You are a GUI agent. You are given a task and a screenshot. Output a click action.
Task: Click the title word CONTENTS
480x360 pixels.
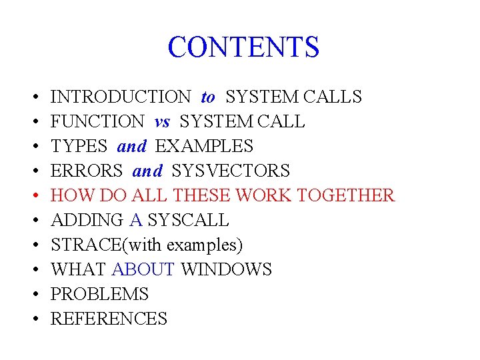click(x=243, y=47)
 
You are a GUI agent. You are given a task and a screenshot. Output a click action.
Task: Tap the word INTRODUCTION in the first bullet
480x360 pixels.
click(x=121, y=97)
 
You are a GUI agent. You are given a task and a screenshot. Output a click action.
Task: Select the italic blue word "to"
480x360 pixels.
click(x=208, y=97)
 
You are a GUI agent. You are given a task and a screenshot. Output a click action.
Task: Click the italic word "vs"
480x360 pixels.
click(x=162, y=122)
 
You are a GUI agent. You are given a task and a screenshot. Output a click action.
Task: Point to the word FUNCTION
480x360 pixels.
click(x=97, y=122)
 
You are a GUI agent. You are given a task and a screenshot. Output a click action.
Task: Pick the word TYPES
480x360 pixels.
click(x=79, y=147)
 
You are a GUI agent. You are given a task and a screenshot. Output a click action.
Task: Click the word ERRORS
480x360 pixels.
click(x=87, y=171)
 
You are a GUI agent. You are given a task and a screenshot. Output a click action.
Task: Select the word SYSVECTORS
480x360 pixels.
click(x=231, y=171)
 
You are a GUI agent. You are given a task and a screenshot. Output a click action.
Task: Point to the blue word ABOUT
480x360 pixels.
click(x=143, y=270)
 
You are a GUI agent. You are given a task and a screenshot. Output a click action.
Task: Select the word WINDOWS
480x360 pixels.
click(x=227, y=270)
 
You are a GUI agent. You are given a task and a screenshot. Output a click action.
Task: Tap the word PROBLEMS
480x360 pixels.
click(x=99, y=295)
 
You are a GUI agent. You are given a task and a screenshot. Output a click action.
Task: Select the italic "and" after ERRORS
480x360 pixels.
click(x=147, y=171)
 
